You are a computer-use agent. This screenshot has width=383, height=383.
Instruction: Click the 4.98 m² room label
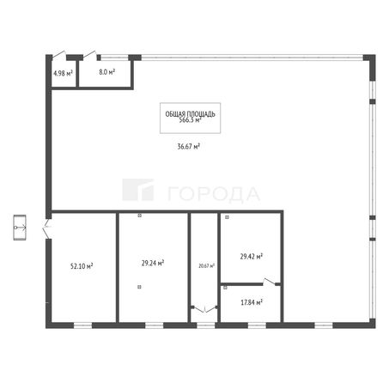pos(62,73)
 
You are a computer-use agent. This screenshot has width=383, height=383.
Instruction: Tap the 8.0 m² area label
pos(107,73)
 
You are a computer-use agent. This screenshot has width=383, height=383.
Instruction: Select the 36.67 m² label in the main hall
pos(188,146)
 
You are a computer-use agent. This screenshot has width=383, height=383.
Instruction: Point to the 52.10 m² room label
pos(82,266)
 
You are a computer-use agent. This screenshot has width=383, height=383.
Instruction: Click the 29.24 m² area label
pos(153,264)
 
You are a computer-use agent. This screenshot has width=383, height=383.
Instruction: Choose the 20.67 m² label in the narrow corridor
pos(206,266)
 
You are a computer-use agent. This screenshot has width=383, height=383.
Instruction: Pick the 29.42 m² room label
pos(252,256)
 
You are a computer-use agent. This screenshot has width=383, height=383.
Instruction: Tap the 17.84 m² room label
pos(252,301)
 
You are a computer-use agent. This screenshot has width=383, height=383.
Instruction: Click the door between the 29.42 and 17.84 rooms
pos(271,282)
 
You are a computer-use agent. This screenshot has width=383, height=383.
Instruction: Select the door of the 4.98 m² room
pos(59,53)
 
